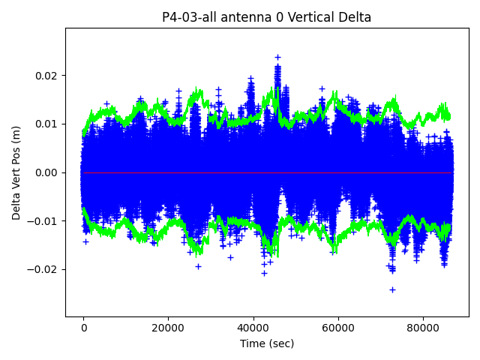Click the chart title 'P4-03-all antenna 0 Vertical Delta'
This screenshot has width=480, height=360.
pos(266,17)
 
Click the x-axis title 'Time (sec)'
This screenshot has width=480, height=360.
pos(266,343)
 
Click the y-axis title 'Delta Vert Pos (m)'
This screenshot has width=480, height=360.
pos(16,172)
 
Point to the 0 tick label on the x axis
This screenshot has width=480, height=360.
pos(84,327)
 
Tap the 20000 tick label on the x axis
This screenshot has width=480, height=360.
pos(169,327)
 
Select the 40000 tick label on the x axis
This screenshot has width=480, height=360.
pos(253,327)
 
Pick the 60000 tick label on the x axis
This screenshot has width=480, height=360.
pos(338,327)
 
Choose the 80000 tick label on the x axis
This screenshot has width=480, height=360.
pos(423,327)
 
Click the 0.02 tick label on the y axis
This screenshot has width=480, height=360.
pos(46,76)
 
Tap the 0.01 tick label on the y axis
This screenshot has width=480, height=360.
pos(46,124)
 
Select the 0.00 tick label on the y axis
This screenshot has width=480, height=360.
pos(46,172)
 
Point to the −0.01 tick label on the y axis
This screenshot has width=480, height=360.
pos(43,220)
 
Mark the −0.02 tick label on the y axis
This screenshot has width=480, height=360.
pos(43,269)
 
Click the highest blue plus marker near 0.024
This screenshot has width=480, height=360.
pos(277,57)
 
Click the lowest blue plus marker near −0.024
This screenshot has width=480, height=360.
pos(392,289)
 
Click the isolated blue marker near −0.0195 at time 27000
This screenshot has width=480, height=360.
pos(198,266)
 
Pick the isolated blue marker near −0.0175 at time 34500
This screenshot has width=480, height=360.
pos(230,256)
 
